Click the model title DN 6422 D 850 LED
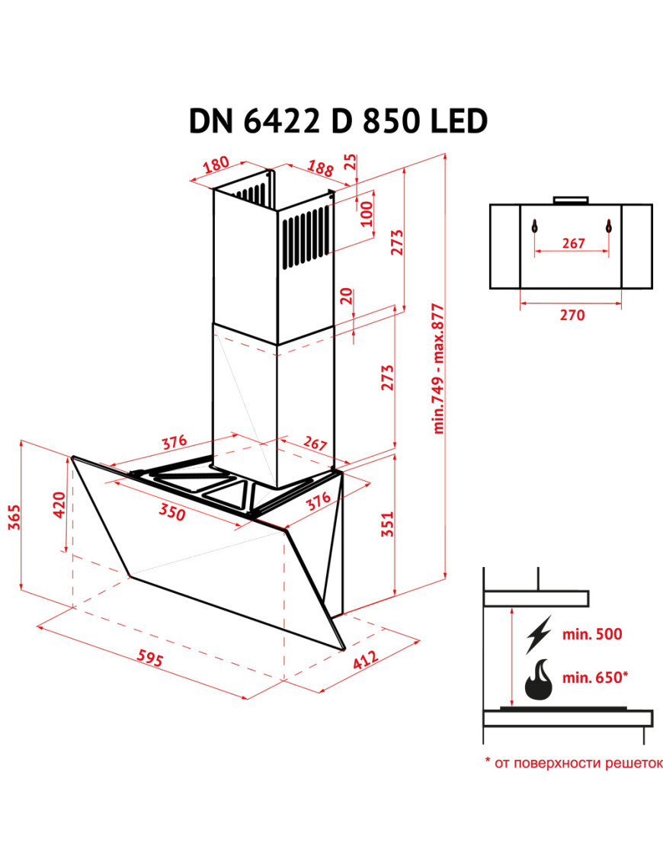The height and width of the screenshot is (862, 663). coord(338,121)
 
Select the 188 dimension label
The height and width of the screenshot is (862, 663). coord(320,168)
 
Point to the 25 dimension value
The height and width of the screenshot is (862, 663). coord(351,162)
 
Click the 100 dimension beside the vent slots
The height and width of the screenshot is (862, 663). coord(366,214)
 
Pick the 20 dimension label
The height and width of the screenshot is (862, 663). coord(346,296)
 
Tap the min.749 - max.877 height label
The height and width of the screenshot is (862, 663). coord(437,368)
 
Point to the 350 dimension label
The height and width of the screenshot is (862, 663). coord(172,512)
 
